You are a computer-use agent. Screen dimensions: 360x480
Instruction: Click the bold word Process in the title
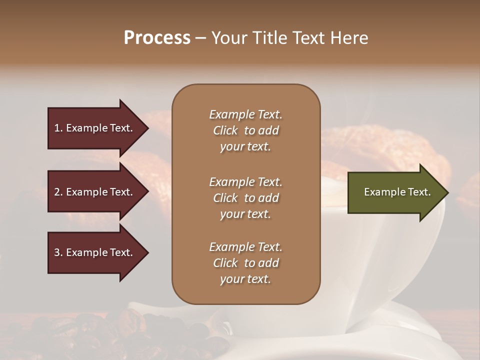(x=157, y=38)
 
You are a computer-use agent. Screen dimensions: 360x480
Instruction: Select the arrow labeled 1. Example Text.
(x=95, y=128)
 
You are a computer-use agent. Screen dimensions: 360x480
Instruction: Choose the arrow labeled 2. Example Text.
(x=95, y=192)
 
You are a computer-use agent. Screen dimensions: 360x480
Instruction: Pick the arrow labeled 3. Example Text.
(x=95, y=252)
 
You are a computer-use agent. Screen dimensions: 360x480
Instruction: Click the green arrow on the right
(x=395, y=192)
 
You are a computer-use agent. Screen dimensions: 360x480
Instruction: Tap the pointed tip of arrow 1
(x=147, y=128)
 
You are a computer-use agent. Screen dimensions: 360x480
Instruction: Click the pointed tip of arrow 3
(x=147, y=253)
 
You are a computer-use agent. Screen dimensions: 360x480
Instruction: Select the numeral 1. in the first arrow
(x=58, y=128)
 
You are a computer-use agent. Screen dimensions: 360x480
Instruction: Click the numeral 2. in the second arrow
(x=58, y=192)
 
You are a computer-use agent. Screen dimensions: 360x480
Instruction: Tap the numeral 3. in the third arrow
(x=58, y=252)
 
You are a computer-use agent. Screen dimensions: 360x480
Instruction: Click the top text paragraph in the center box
(x=245, y=130)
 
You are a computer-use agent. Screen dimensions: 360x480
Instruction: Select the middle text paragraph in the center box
(x=245, y=198)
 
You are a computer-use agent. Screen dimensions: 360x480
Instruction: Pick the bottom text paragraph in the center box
(x=245, y=263)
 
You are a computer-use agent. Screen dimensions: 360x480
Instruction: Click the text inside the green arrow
(x=397, y=192)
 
